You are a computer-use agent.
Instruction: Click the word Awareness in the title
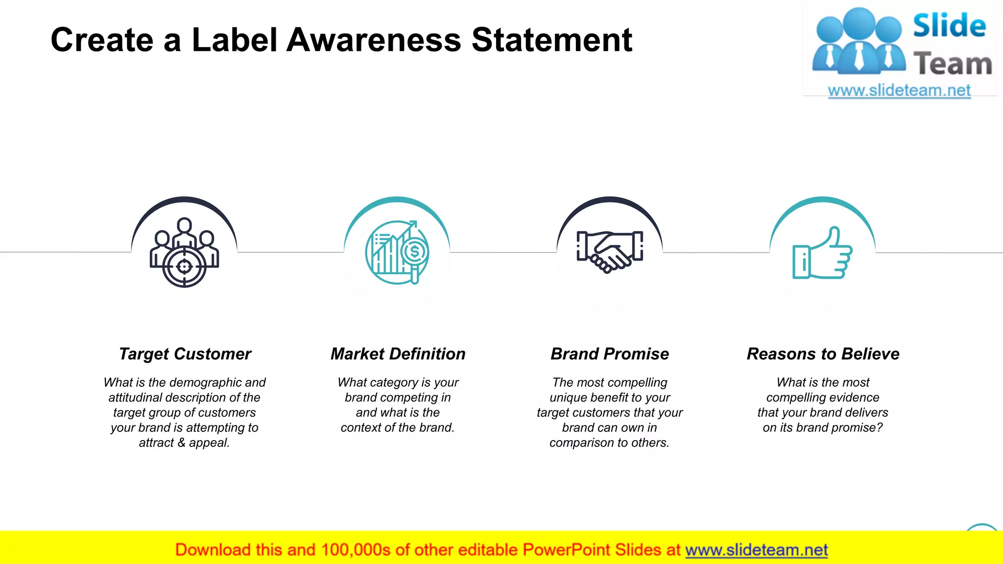point(374,40)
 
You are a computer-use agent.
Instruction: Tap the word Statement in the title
point(552,40)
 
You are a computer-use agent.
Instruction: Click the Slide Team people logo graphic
point(858,42)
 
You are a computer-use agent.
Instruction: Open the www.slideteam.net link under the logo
point(899,91)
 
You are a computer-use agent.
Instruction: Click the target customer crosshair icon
point(184,253)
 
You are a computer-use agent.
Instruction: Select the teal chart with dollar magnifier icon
point(397,252)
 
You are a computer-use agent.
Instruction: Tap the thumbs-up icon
point(822,253)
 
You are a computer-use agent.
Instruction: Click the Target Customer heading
point(185,354)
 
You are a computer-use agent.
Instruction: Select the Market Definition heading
point(398,354)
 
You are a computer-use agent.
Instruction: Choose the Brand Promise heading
point(610,354)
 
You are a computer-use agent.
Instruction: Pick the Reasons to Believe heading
point(823,354)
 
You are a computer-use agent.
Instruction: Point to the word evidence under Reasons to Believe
point(852,398)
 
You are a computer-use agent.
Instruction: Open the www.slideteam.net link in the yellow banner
point(756,550)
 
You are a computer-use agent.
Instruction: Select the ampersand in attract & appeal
point(181,443)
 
